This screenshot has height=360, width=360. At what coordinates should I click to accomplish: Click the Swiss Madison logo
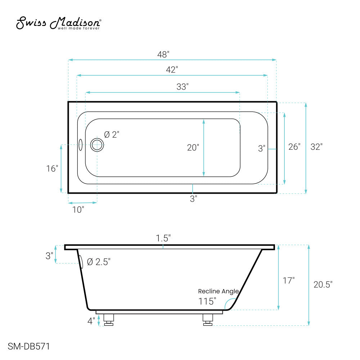tap(59, 23)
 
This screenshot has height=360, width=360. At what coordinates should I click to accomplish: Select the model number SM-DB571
tap(29, 346)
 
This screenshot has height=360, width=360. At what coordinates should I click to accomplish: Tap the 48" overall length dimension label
tap(163, 54)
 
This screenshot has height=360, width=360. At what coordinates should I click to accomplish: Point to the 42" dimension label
tap(172, 69)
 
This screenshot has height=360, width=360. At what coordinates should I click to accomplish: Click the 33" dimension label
tap(183, 87)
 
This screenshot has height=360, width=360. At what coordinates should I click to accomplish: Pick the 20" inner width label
tap(193, 147)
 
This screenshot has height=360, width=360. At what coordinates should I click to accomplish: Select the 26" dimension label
tap(294, 147)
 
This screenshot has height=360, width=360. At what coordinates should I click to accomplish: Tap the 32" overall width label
tap(316, 147)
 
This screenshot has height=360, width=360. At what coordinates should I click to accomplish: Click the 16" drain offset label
tap(52, 168)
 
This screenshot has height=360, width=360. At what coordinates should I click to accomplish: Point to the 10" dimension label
tap(78, 210)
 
